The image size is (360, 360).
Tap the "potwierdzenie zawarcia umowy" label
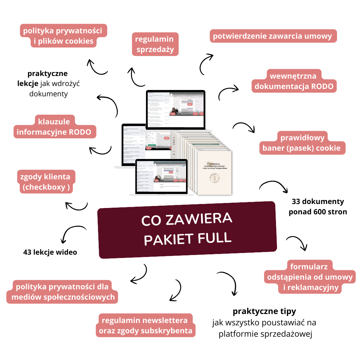click(273, 36)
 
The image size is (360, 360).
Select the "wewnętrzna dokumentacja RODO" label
click(294, 81)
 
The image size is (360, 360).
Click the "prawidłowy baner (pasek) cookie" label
click(302, 143)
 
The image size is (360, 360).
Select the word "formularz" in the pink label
click(309, 267)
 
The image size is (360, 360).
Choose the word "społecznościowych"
click(79, 297)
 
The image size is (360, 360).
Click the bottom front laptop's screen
click(161, 177)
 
